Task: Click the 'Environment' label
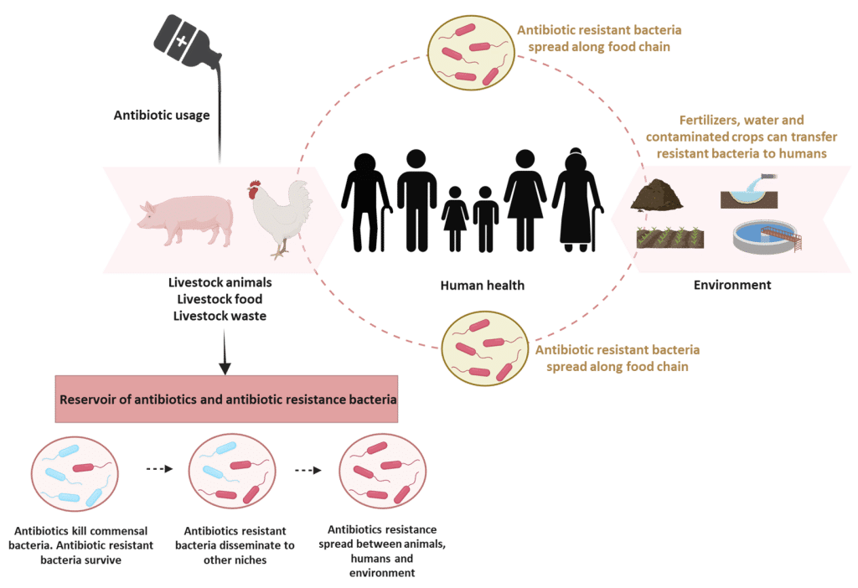(x=731, y=285)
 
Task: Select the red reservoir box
(x=227, y=396)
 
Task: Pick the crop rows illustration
(x=669, y=238)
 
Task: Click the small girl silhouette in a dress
(x=455, y=219)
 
